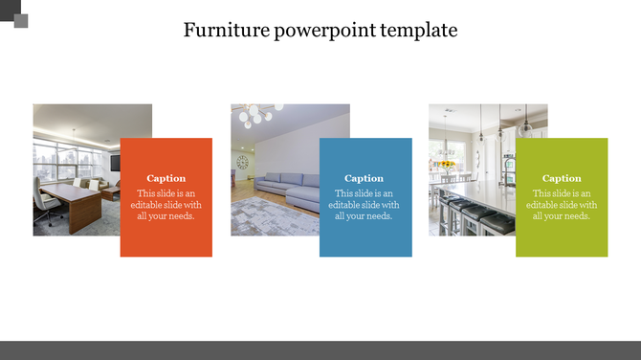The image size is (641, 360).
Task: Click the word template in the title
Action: pyautogui.click(x=419, y=31)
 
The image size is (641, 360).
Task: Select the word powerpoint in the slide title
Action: pyautogui.click(x=324, y=31)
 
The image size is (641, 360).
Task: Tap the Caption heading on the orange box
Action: pyautogui.click(x=166, y=178)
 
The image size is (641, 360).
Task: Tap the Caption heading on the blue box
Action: pyautogui.click(x=365, y=178)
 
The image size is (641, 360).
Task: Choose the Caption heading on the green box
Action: pyautogui.click(x=562, y=178)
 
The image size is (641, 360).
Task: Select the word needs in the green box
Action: pyautogui.click(x=574, y=216)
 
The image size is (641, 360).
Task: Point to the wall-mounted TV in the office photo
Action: pyautogui.click(x=115, y=162)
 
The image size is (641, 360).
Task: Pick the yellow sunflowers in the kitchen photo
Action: pyautogui.click(x=445, y=165)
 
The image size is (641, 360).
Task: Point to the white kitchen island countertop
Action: pyautogui.click(x=483, y=196)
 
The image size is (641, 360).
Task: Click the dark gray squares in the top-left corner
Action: pyautogui.click(x=14, y=14)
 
